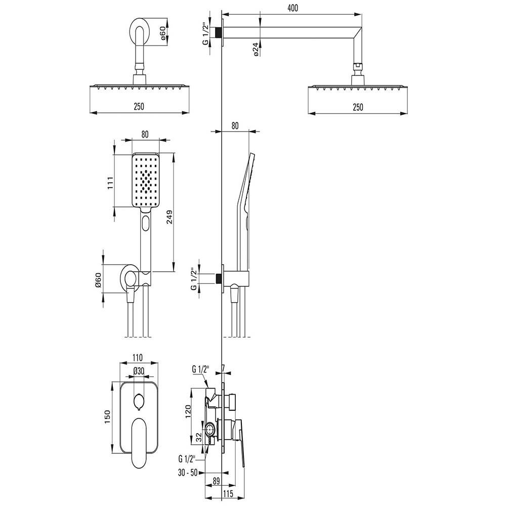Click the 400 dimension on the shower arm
[292, 8]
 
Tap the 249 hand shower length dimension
[170, 217]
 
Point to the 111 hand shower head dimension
[111, 183]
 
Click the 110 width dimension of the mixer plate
[137, 358]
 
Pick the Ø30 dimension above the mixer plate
[139, 371]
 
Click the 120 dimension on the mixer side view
[188, 411]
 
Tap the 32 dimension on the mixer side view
[199, 437]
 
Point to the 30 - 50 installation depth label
[188, 474]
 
